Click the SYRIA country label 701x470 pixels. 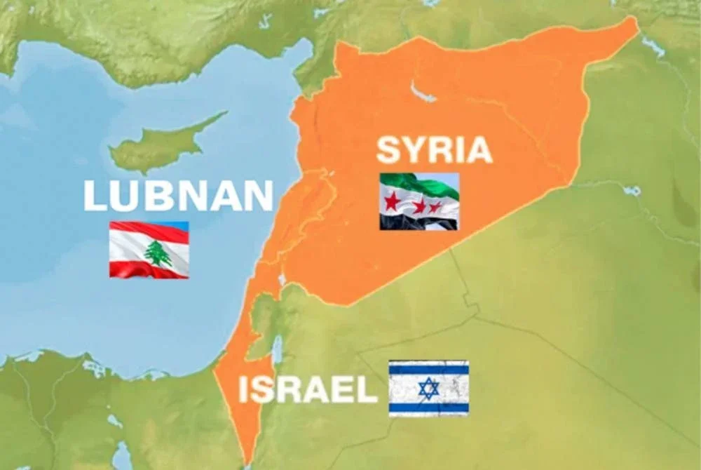coord(434,150)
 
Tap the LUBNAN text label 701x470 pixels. coord(178,196)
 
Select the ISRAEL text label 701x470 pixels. coord(308,391)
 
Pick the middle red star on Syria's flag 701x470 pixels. coord(420,206)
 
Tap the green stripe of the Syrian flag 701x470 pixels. coord(421,184)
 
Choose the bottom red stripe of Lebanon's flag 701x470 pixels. coord(149,270)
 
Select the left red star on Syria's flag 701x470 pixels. coord(391,201)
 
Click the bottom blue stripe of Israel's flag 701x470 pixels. coord(428,407)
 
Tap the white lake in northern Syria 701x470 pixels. coord(421,92)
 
